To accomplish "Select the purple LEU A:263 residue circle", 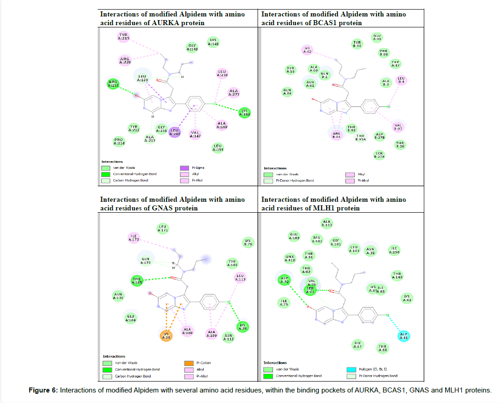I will point(175,132).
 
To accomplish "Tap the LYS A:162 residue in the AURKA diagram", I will point(245,113).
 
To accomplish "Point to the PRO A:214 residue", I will point(119,141).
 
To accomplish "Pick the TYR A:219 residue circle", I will point(123,37).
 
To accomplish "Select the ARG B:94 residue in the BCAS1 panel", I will point(337,134).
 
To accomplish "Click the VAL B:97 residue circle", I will point(398,127).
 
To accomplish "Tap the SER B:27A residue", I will point(379,155).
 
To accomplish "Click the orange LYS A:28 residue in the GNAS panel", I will point(167,336).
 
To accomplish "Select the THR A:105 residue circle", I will point(137,281).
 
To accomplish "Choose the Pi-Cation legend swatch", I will point(185,363).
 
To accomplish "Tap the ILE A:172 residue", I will point(134,237).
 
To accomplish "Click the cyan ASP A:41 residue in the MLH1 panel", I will point(404,336).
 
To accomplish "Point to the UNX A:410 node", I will point(290,259).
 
